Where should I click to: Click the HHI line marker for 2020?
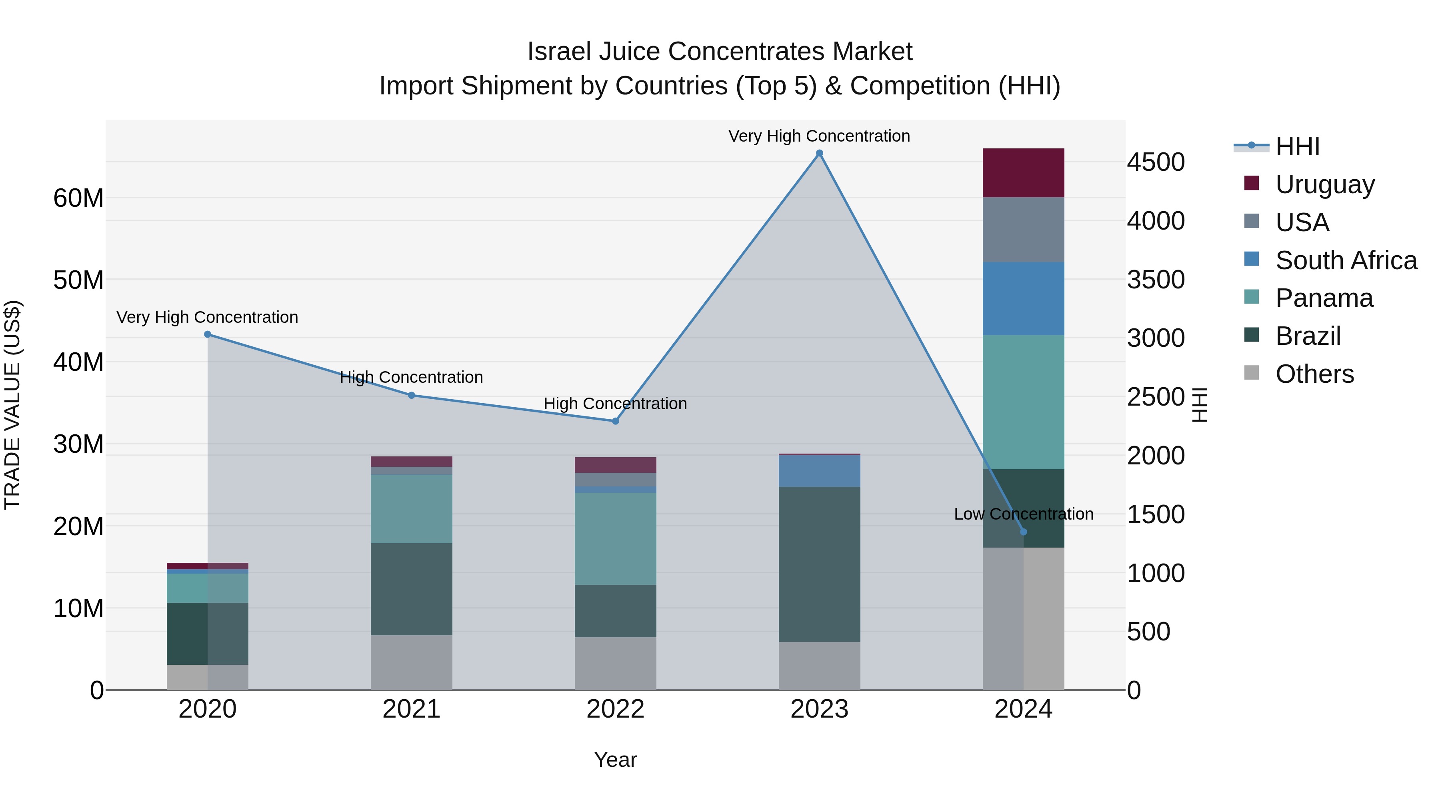tap(207, 334)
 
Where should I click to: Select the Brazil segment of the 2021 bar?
tap(412, 589)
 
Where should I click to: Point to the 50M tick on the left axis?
tap(78, 280)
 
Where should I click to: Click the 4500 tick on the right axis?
tap(1155, 162)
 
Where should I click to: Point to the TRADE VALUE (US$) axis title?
tap(12, 405)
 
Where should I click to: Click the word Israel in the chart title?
tap(560, 52)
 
